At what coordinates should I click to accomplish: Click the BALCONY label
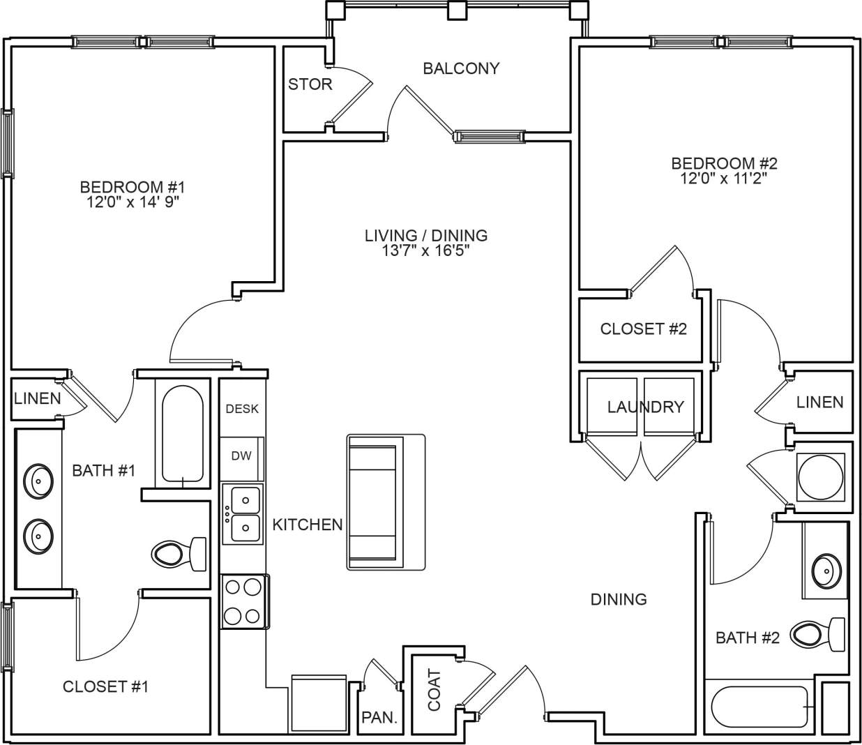(461, 68)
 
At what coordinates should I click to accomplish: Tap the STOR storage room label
(310, 84)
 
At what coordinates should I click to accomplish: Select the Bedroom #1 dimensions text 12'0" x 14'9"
(133, 202)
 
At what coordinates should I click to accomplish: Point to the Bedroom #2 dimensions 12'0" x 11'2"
(724, 179)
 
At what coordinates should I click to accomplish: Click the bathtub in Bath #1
(183, 435)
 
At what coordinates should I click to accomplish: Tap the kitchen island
(386, 502)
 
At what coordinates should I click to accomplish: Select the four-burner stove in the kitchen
(243, 602)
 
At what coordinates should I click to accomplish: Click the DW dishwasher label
(241, 456)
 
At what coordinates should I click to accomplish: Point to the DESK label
(242, 409)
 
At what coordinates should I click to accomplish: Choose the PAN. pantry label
(379, 718)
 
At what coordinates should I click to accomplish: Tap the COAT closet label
(434, 690)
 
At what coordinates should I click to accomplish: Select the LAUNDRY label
(645, 407)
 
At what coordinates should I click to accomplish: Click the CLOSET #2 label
(643, 329)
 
